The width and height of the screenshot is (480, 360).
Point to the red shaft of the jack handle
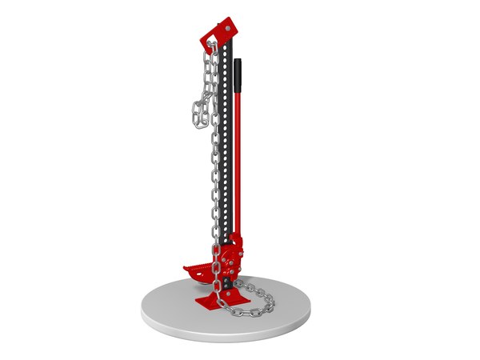point(238,160)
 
